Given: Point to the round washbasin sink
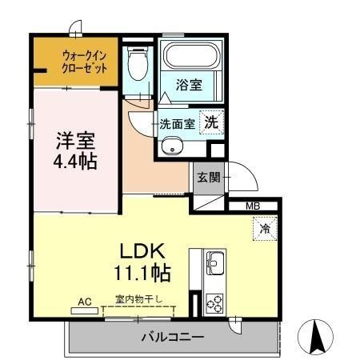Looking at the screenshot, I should [170, 146].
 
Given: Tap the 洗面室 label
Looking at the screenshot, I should [177, 124].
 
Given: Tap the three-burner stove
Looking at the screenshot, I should [215, 302].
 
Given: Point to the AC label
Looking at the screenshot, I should [85, 302].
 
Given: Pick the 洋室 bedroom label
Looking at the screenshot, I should [76, 141].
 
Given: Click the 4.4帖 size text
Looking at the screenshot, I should [76, 161].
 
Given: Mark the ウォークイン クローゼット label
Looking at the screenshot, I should [85, 62].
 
